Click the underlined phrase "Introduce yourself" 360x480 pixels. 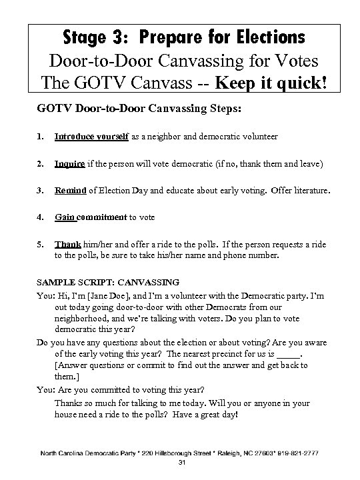[87, 136]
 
